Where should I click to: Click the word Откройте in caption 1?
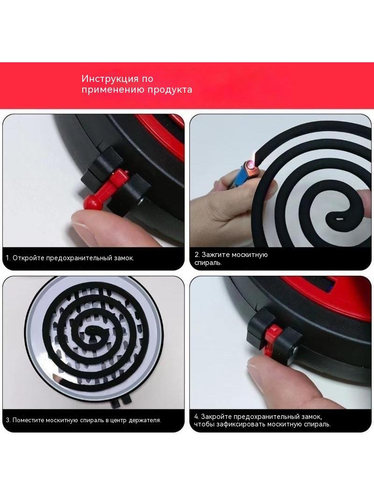29,258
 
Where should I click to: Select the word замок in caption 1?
123,258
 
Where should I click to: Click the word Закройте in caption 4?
217,417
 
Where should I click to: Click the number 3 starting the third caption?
7,420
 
